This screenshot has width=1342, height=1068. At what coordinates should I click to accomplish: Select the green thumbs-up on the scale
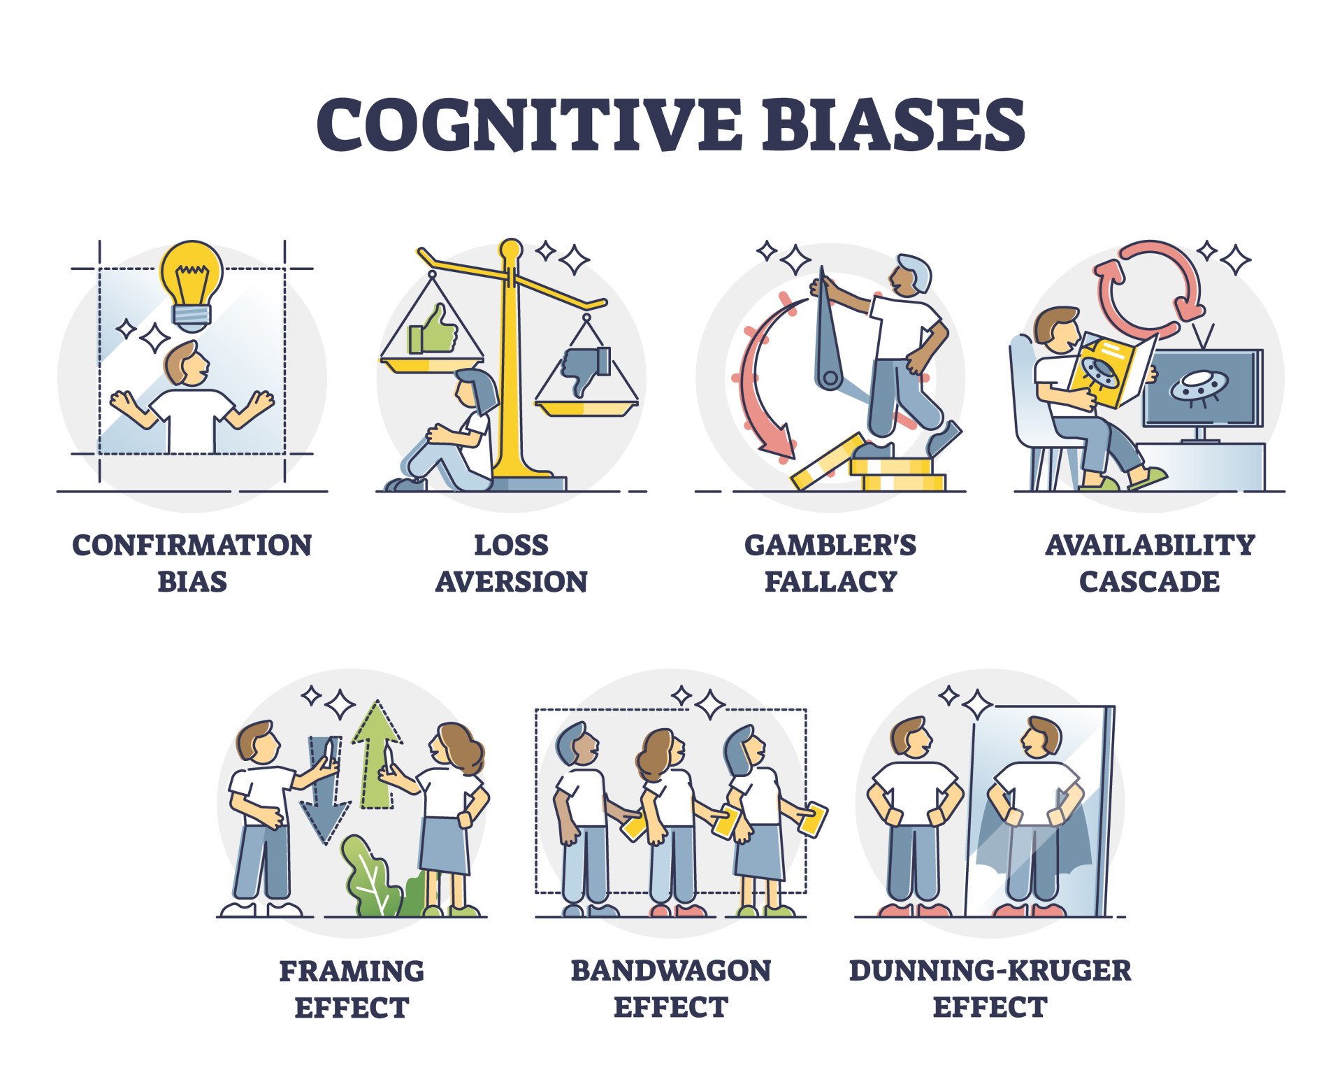tap(433, 330)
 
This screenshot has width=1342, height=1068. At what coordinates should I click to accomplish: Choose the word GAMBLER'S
tap(830, 546)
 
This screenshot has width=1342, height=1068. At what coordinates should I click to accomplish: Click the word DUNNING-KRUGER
tap(990, 971)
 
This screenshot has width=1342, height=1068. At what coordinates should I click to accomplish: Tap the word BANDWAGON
tap(670, 971)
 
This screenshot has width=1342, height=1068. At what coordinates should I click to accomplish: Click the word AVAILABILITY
tap(1150, 546)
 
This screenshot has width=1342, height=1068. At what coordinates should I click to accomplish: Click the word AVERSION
tap(512, 582)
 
